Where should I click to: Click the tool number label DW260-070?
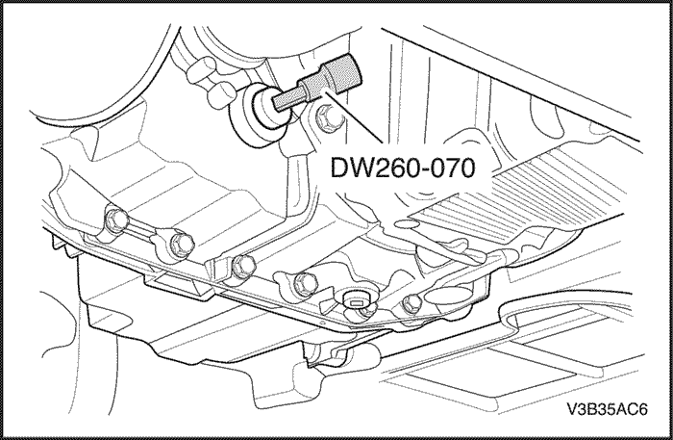point(403,168)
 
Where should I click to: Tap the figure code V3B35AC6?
point(607,409)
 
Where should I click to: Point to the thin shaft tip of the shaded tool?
point(287,103)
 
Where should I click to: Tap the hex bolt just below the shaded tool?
point(326,117)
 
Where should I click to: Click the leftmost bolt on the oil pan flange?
point(116,220)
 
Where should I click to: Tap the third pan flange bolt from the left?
point(242,267)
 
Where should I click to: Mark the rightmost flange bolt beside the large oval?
point(411,304)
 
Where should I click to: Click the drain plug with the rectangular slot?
point(357,301)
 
